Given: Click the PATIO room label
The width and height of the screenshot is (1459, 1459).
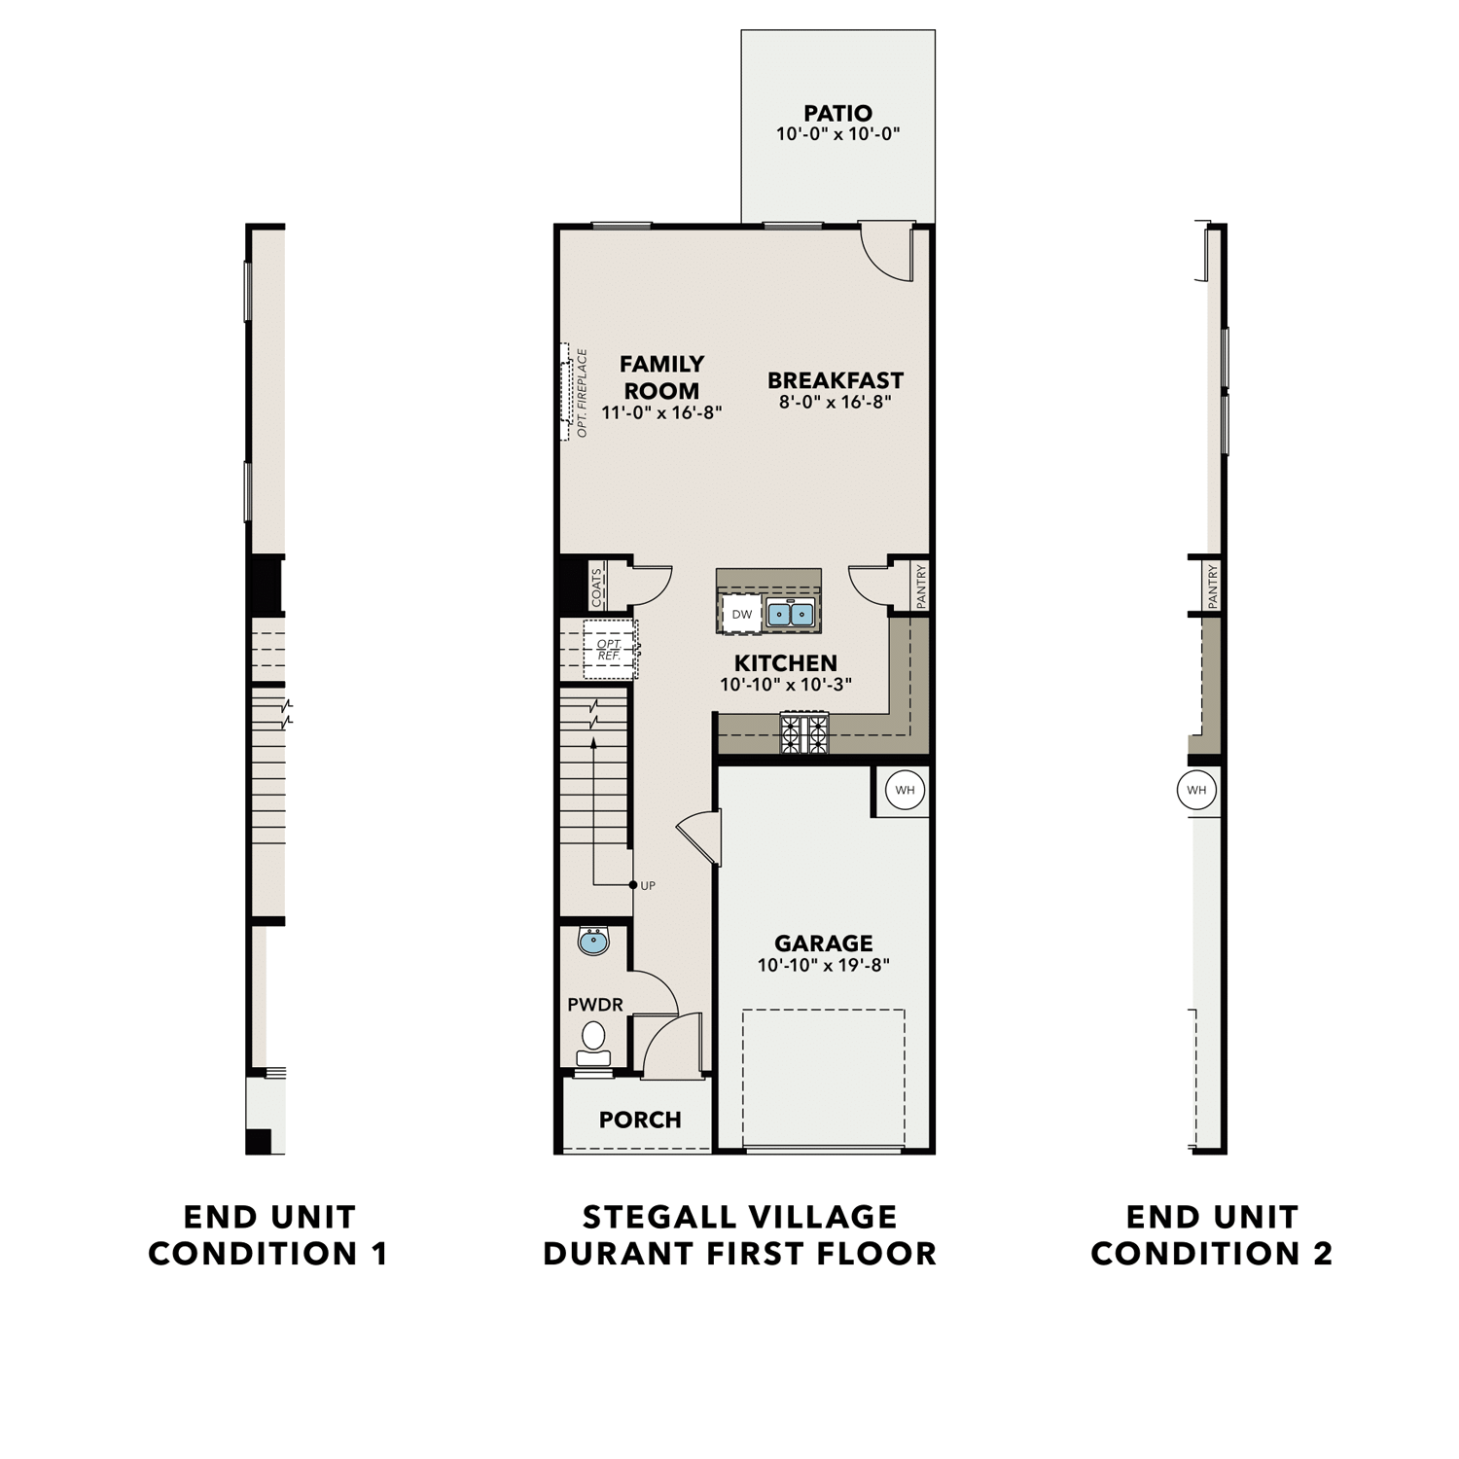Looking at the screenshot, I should click(x=837, y=113).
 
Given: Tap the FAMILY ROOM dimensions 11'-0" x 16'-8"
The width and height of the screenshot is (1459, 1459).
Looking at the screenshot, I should click(x=661, y=412).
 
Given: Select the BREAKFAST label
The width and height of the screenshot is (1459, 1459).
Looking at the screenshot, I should click(x=835, y=380).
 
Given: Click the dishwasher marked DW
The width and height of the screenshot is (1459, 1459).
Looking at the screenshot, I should click(x=742, y=614).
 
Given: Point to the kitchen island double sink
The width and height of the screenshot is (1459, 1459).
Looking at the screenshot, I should click(x=790, y=614).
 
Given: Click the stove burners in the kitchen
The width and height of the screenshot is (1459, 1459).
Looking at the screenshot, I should click(x=804, y=732).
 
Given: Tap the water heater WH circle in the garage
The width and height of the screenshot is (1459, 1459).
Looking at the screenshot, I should click(x=905, y=790).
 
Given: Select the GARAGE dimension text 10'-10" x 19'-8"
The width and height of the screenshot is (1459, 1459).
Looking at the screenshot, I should click(x=824, y=966).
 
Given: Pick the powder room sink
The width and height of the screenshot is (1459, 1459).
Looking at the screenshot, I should click(x=593, y=941).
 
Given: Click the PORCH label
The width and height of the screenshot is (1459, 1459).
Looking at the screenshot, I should click(x=640, y=1120).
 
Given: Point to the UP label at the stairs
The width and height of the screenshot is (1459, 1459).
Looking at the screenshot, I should click(x=648, y=885).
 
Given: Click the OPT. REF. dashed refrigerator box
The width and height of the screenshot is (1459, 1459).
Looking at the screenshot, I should click(x=610, y=650).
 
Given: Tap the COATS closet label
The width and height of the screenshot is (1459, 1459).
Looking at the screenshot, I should click(x=596, y=587).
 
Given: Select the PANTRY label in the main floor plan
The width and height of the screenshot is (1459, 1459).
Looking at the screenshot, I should click(x=920, y=587).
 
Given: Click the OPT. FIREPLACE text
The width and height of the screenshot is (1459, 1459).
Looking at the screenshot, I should click(x=583, y=393).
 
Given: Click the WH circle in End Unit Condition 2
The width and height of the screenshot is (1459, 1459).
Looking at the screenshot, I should click(x=1196, y=790).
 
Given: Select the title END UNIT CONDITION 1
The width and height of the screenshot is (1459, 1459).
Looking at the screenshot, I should click(x=268, y=1234).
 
